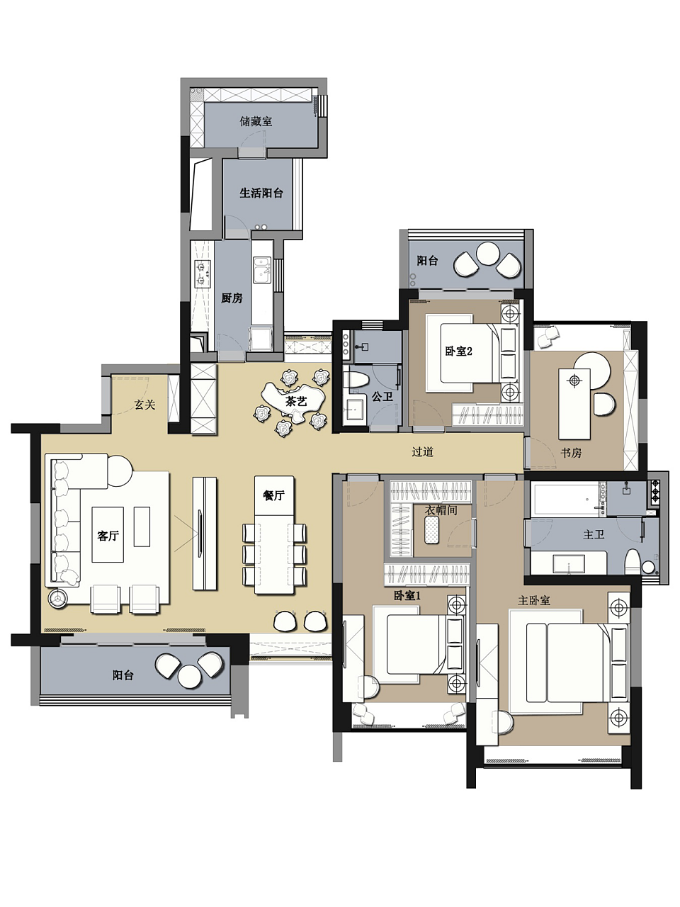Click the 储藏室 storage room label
coord(256,121)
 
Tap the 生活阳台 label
coord(261,193)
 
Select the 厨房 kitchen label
coord(232,298)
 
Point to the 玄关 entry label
coord(144,405)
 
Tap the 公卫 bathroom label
coord(382,397)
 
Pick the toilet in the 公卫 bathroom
coord(356,379)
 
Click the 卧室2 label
coord(459,351)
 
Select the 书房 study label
coord(571,453)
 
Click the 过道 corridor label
coord(422,451)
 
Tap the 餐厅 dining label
coord(273,495)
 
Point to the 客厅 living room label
coord(108,536)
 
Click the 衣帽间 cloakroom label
coord(441,510)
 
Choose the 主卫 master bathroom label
coord(594,535)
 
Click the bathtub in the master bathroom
coord(565,499)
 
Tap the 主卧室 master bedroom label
coord(534,600)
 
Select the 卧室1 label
coord(407,595)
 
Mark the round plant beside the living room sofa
coord(57,598)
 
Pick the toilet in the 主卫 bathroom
coord(633,562)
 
